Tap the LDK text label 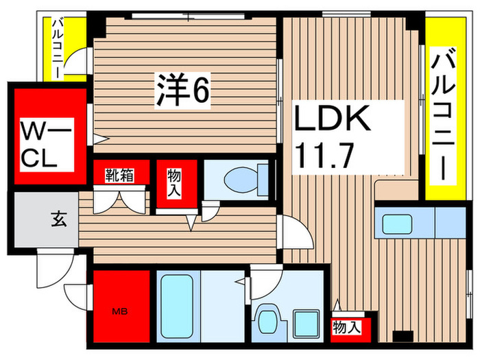(x=333, y=120)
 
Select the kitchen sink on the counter (x=396, y=224)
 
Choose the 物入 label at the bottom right (x=346, y=327)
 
